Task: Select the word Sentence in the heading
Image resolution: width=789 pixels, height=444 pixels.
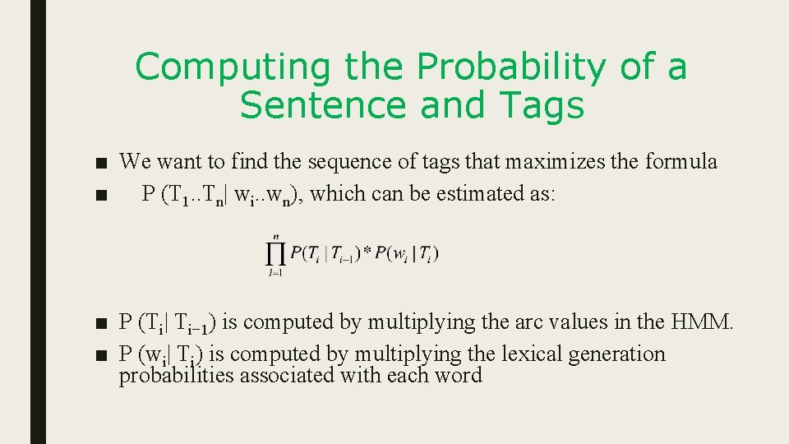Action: click(316, 105)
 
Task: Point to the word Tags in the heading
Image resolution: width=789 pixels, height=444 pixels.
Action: click(542, 105)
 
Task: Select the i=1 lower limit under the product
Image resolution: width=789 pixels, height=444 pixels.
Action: click(275, 273)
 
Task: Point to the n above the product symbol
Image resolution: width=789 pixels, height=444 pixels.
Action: click(276, 236)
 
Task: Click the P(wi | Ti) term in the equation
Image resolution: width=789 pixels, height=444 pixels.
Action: click(407, 254)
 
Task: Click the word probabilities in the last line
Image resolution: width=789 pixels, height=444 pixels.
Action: click(174, 376)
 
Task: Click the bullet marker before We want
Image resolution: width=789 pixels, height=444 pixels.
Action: click(101, 163)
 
